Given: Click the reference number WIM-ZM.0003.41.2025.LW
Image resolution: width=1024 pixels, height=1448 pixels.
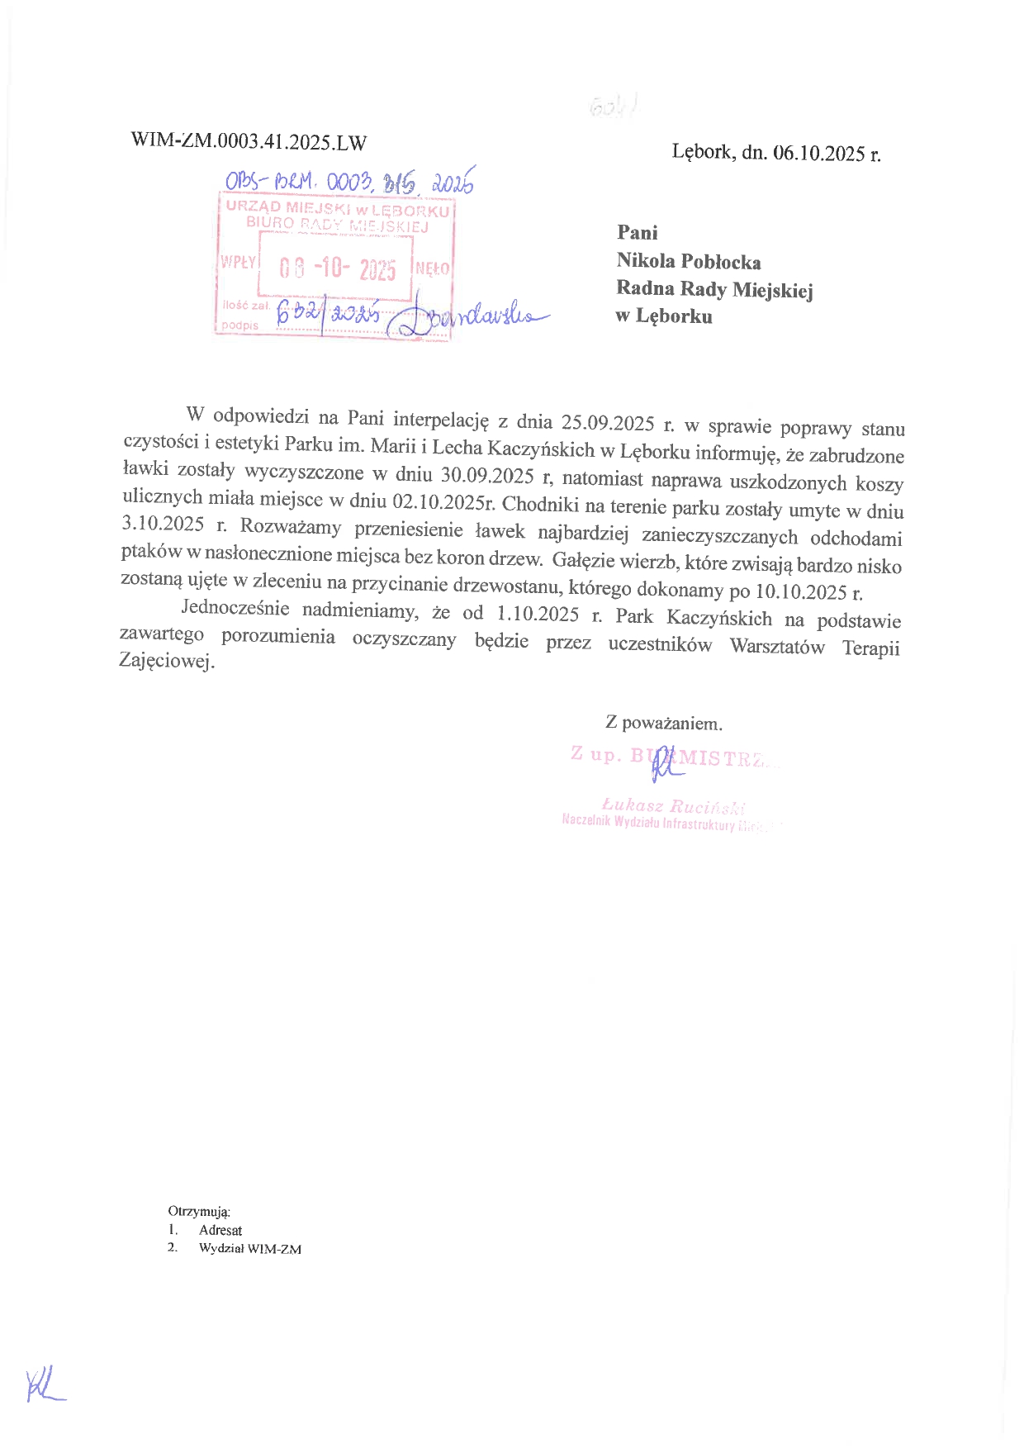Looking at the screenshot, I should (x=249, y=141).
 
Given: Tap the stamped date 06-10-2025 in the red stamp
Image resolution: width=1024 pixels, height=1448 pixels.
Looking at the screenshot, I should (x=338, y=269).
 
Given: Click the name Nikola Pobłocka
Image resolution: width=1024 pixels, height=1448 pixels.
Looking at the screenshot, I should (x=689, y=262).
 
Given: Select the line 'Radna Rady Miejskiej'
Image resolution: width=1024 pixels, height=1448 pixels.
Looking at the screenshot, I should (x=714, y=289).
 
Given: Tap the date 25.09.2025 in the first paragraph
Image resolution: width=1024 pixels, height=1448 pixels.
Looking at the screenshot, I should (x=608, y=423).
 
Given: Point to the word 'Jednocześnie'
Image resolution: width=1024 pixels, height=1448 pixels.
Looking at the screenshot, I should (x=235, y=609).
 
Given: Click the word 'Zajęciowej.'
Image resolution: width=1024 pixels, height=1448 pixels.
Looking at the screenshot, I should (x=167, y=662).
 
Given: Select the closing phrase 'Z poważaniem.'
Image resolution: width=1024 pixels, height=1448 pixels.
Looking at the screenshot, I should (x=664, y=724).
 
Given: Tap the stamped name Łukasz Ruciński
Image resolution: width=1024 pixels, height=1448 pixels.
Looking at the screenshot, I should (x=674, y=805).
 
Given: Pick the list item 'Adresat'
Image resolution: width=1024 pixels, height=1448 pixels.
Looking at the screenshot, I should (x=220, y=1230).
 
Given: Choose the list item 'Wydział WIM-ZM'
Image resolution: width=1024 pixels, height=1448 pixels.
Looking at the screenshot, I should (x=250, y=1248).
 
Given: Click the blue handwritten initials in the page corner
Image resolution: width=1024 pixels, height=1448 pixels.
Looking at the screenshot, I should (x=44, y=1384).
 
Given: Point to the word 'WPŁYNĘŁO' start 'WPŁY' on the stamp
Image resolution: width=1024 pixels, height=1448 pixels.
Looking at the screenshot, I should (x=238, y=262).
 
